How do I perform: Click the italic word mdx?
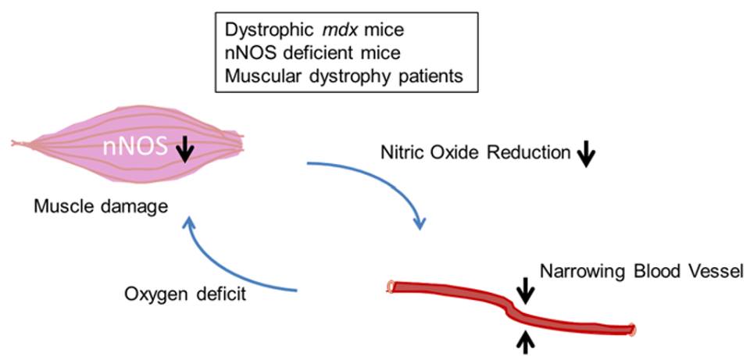[x=312, y=31]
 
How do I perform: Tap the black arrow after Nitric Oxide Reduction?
[x=585, y=155]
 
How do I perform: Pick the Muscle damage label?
[x=102, y=208]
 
